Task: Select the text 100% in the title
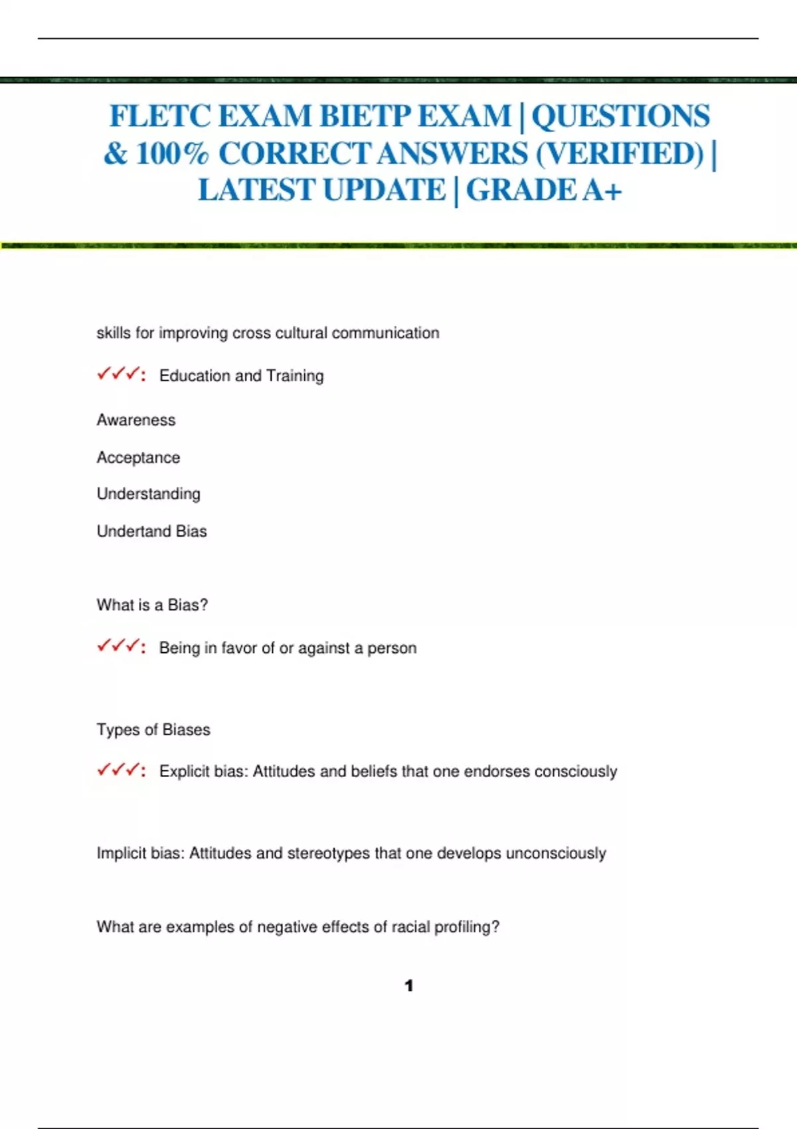[x=172, y=154]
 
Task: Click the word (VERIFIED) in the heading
[x=619, y=154]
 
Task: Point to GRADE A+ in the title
[x=544, y=191]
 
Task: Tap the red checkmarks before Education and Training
[x=120, y=375]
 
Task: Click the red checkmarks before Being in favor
[x=120, y=646]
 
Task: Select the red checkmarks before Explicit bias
[x=120, y=770]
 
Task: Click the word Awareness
[x=136, y=420]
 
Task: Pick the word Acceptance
[x=138, y=458]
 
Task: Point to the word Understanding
[x=149, y=494]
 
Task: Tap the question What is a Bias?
[x=152, y=605]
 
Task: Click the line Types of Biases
[x=153, y=730]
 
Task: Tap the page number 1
[x=409, y=986]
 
